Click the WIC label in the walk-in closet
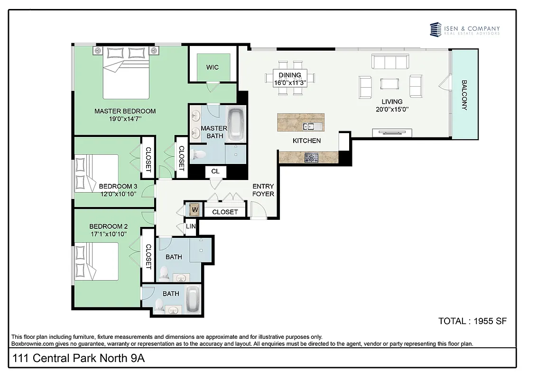click(213, 67)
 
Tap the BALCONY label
click(464, 95)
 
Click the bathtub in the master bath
click(236, 125)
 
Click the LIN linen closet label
click(190, 226)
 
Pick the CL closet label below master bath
click(215, 171)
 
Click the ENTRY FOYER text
click(263, 190)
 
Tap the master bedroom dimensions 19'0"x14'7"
click(125, 119)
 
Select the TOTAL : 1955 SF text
click(472, 321)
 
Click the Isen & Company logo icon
click(435, 29)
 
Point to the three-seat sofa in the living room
click(390, 62)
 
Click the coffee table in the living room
click(390, 84)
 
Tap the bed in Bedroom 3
click(97, 173)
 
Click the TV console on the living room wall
click(389, 133)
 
